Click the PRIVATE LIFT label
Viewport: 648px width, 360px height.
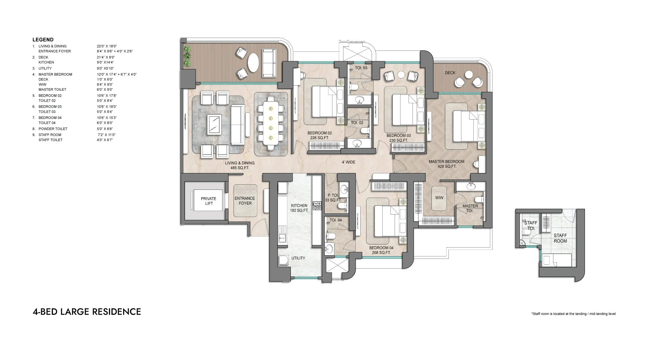(208, 201)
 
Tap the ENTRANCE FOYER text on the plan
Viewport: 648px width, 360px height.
(245, 201)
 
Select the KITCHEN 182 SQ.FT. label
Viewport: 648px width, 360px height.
(299, 208)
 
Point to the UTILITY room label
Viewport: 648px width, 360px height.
(298, 258)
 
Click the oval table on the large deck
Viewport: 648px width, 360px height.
(253, 64)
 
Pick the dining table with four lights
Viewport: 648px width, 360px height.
(271, 123)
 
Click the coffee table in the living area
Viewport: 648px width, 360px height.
(214, 124)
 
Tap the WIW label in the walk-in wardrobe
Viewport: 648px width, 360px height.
(439, 198)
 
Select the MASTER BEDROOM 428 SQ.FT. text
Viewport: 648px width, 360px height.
(446, 164)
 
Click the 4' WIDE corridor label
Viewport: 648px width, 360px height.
(349, 162)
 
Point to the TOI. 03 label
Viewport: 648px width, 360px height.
(361, 68)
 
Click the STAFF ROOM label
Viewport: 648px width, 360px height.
(560, 238)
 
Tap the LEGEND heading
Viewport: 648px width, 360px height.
(43, 40)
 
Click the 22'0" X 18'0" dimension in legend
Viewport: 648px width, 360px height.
(107, 46)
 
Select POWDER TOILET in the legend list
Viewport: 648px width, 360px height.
(53, 129)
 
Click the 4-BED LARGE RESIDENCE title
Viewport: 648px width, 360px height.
(87, 312)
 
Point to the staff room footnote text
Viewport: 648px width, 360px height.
(573, 314)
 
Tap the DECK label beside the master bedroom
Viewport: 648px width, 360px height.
(450, 73)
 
